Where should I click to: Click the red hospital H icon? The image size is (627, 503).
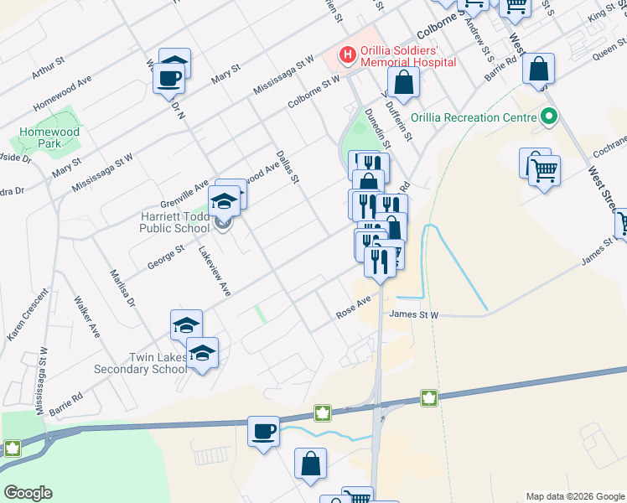pyautogui.click(x=346, y=54)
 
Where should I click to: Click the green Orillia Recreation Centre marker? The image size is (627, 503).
pyautogui.click(x=549, y=117)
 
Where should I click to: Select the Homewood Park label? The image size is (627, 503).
pyautogui.click(x=49, y=137)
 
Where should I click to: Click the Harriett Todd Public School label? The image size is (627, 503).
pyautogui.click(x=174, y=221)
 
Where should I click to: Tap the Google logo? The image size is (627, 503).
pyautogui.click(x=28, y=493)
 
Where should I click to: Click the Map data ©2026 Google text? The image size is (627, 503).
pyautogui.click(x=574, y=496)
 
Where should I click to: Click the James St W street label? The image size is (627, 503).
pyautogui.click(x=414, y=315)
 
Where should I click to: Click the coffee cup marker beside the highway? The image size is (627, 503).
pyautogui.click(x=264, y=432)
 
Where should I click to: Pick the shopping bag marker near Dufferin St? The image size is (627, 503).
pyautogui.click(x=405, y=82)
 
